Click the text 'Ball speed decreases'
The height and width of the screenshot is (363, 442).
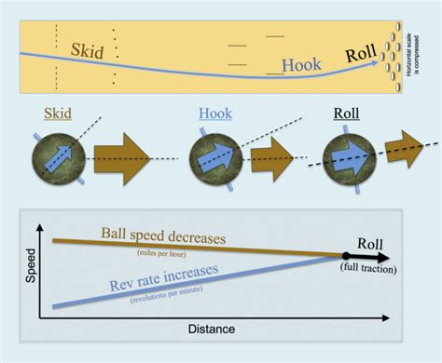pos(172,239)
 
